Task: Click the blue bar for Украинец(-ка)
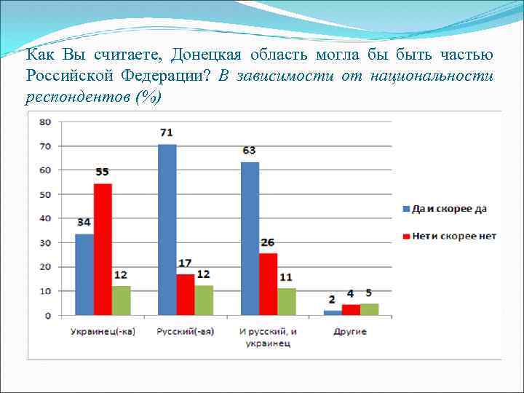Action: click(x=84, y=274)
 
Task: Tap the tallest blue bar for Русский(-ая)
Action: click(x=167, y=230)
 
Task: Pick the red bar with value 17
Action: click(x=186, y=295)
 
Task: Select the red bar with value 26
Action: click(x=268, y=284)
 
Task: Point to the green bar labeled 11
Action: click(x=286, y=301)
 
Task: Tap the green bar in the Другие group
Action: click(x=369, y=309)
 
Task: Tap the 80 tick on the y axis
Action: click(x=44, y=122)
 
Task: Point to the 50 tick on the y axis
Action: click(x=44, y=194)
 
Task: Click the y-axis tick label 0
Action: click(x=47, y=316)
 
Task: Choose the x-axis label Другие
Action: click(x=350, y=332)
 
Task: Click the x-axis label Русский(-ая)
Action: click(x=185, y=332)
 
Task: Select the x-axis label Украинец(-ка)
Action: click(x=103, y=332)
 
